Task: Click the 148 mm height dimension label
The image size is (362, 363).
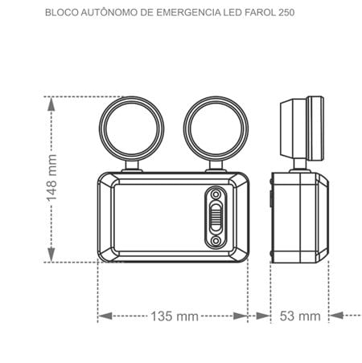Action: point(51,178)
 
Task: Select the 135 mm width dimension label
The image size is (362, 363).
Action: point(175,316)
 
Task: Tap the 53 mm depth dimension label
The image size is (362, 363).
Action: point(300,316)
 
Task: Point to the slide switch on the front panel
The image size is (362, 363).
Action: point(216,217)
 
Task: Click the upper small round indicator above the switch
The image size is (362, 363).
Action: point(216,194)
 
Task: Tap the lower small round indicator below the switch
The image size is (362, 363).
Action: point(216,241)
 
